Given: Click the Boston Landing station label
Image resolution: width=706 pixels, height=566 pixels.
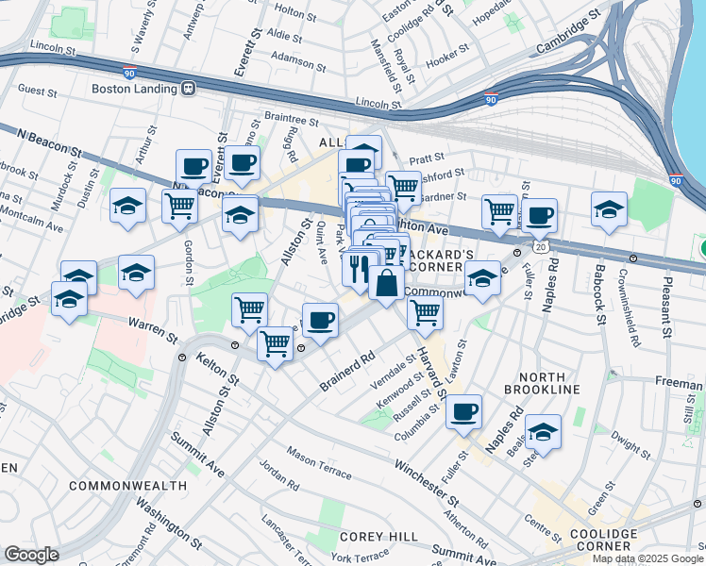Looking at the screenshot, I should [134, 89].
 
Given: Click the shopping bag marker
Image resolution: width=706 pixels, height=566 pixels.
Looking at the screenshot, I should [387, 282].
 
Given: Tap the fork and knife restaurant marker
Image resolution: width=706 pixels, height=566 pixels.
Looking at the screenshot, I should [359, 269].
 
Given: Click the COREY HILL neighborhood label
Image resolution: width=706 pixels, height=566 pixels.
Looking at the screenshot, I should [378, 537].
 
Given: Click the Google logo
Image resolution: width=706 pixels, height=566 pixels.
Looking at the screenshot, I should [30, 554].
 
